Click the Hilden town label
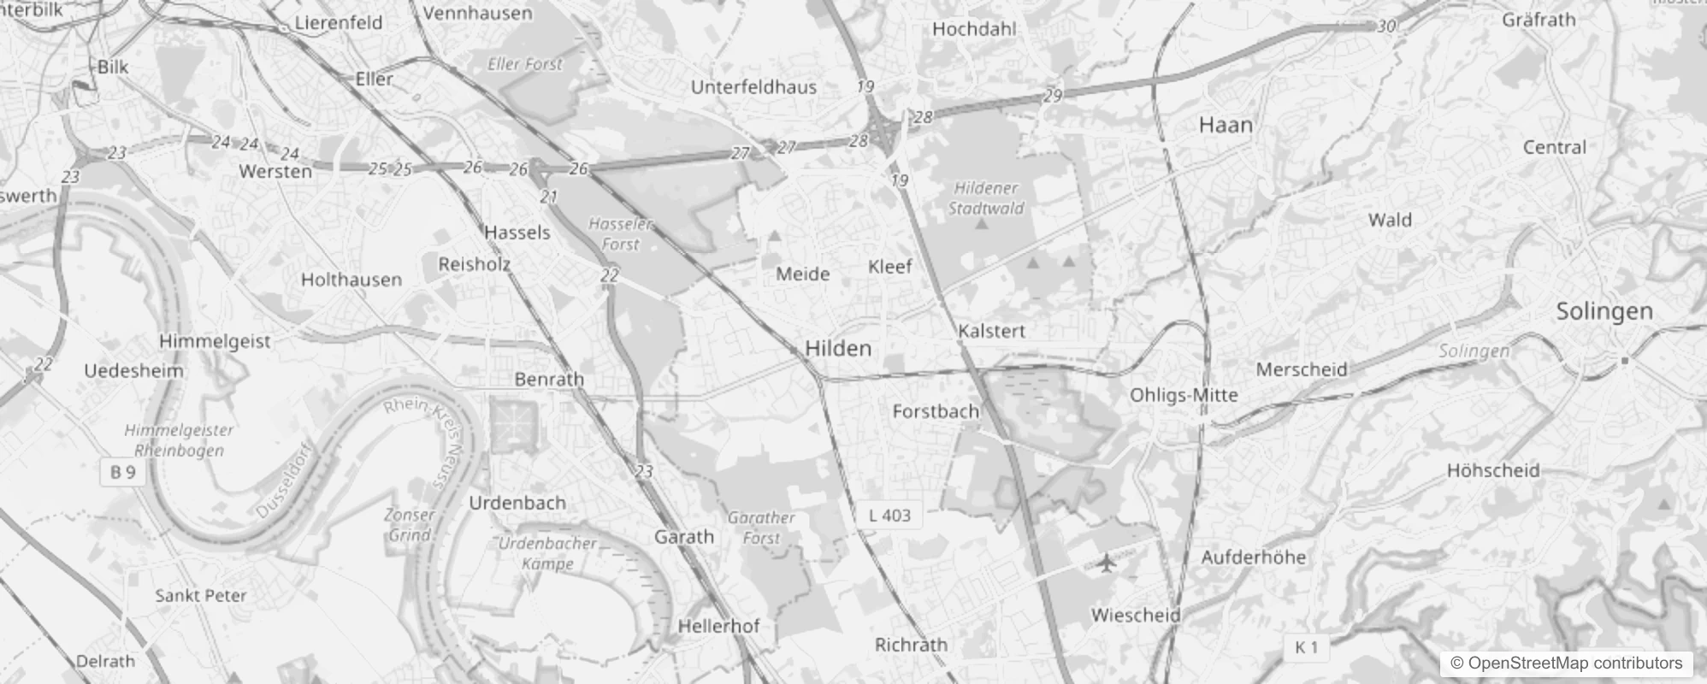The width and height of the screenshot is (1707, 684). point(838,348)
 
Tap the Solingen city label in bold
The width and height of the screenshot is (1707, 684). point(1604,311)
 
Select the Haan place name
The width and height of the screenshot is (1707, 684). point(1226,125)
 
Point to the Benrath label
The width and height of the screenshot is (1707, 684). point(549,379)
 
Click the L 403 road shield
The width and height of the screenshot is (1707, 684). point(889,515)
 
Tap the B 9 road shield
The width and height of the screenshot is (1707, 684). point(123,472)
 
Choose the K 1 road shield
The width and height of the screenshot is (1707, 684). point(1307,647)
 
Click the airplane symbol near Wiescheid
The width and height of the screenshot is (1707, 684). point(1107,562)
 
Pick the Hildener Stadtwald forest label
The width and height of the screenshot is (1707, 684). point(986,198)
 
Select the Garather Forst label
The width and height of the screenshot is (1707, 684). point(761,528)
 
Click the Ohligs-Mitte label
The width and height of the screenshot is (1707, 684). point(1184,395)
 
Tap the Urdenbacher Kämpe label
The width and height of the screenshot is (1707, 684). point(548,553)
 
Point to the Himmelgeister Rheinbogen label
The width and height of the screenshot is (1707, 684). point(179,440)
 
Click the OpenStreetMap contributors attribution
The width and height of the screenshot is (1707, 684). point(1566,663)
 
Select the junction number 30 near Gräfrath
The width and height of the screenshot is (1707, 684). point(1386,27)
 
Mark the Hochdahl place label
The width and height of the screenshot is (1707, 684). point(974,29)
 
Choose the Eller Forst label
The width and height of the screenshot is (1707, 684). point(525,64)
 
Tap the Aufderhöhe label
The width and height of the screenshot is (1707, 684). point(1254,557)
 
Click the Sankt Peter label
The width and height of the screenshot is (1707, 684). point(201,595)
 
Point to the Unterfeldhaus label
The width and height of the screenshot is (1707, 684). point(753,87)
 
